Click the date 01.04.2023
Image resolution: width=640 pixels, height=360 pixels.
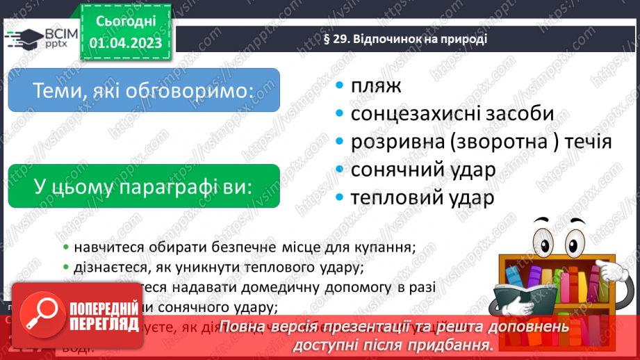tap(125, 43)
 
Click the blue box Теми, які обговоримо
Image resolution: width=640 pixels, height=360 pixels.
tap(143, 90)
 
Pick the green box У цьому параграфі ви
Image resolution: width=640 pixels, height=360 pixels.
tap(143, 186)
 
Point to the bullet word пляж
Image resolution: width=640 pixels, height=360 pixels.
tap(377, 86)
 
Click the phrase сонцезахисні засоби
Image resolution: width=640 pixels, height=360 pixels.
tap(452, 113)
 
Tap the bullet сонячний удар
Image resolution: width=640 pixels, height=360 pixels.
tap(422, 170)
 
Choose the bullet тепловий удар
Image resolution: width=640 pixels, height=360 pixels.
tap(422, 197)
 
